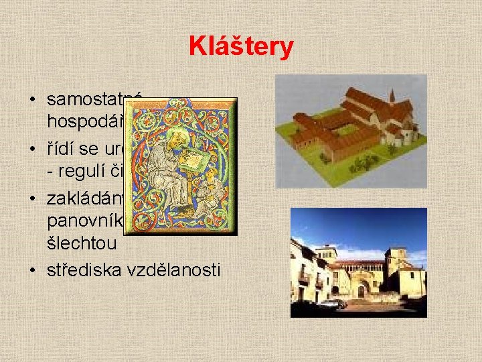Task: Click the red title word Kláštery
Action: [241, 47]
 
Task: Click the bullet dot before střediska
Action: [33, 271]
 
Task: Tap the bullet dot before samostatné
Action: [33, 101]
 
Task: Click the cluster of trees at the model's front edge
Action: [365, 163]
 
